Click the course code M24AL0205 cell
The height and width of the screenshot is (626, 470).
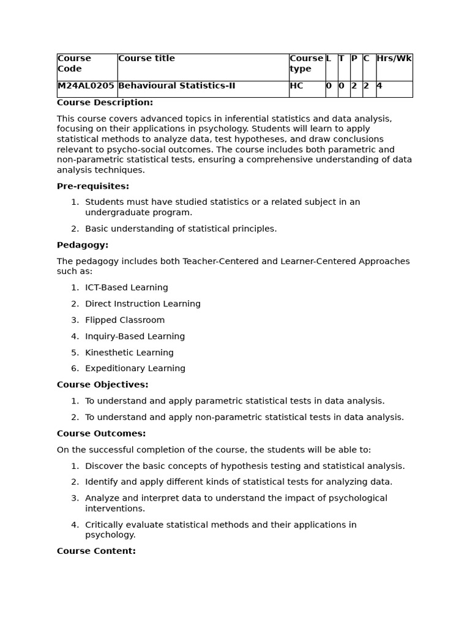pos(86,86)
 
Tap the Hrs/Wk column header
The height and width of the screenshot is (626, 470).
pos(394,59)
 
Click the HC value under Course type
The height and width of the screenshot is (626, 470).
pos(296,86)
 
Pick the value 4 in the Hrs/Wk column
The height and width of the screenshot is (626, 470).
pos(379,86)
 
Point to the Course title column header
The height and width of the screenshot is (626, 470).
pos(146,59)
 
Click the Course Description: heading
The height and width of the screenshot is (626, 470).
pos(105,103)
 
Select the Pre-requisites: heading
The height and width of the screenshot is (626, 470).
pos(93,186)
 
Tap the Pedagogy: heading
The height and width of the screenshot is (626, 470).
pos(83,245)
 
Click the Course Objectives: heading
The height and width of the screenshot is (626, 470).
pos(103,385)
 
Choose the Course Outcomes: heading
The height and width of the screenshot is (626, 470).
pos(101,433)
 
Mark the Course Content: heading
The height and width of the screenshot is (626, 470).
pos(96,551)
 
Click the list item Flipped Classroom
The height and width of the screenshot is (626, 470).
pos(125,320)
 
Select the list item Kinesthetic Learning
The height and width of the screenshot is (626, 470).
pos(129,353)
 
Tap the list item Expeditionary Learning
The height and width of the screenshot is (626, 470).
pos(135,369)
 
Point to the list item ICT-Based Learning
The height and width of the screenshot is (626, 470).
pos(127,288)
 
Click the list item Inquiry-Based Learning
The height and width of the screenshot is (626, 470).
pos(135,336)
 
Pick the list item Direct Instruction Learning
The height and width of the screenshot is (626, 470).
pos(143,304)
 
